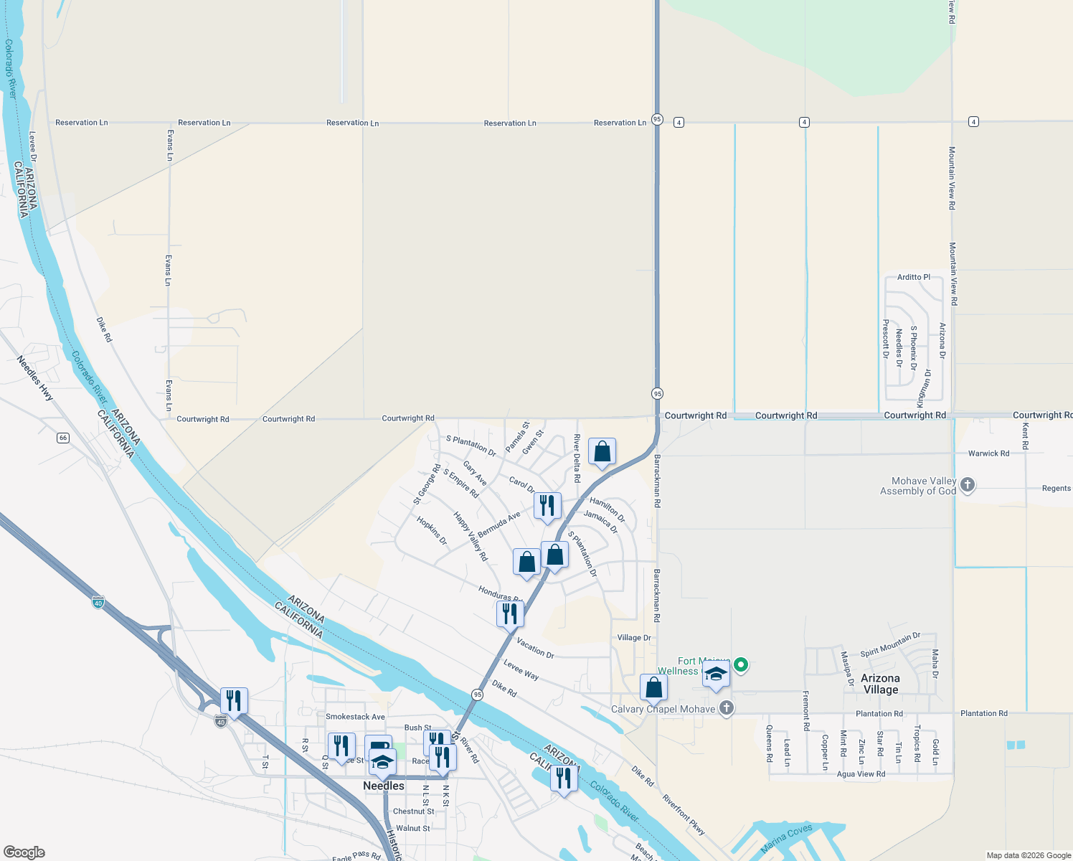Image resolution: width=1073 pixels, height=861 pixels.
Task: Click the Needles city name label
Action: click(x=383, y=786)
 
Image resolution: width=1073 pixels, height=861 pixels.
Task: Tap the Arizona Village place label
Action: click(x=880, y=684)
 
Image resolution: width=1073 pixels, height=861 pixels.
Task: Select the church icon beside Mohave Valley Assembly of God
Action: click(x=967, y=485)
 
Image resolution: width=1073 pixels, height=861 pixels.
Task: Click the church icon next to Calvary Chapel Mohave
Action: click(x=726, y=709)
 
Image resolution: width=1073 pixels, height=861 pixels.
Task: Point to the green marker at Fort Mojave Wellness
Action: click(x=741, y=665)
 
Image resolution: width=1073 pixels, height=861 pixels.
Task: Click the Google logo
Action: click(x=24, y=852)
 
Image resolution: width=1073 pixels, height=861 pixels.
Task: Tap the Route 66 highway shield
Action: click(x=63, y=438)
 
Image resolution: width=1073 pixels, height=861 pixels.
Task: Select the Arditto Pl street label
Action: click(x=914, y=277)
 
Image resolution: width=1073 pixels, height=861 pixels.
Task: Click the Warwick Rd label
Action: click(x=988, y=453)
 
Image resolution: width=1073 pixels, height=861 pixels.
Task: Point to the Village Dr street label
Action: click(x=634, y=638)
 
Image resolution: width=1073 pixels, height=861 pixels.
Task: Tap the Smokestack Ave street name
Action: click(x=355, y=717)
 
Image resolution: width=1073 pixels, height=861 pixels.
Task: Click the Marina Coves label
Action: click(x=787, y=838)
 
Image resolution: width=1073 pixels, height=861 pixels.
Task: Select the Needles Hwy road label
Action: click(x=35, y=378)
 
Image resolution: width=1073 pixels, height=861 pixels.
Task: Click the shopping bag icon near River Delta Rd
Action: click(x=602, y=451)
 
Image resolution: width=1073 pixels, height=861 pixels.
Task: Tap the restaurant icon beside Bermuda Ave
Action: click(x=547, y=505)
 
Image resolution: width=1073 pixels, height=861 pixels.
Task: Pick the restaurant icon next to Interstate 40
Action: click(x=234, y=700)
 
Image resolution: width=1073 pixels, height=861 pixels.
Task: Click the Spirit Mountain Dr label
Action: click(x=889, y=645)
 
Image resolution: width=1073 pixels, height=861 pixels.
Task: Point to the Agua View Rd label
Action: click(x=861, y=774)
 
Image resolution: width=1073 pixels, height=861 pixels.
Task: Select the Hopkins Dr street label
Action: click(x=432, y=530)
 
